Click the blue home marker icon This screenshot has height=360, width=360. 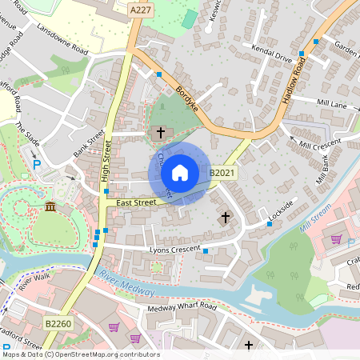[x=180, y=173]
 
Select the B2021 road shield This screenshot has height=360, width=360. [x=222, y=173]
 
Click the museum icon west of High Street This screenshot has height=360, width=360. [x=51, y=208]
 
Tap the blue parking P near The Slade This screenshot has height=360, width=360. [x=37, y=164]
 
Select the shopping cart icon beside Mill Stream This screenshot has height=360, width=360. [x=336, y=238]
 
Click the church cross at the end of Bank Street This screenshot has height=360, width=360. [x=160, y=131]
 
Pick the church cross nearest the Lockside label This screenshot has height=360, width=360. [x=226, y=217]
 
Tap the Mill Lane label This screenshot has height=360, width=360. [x=332, y=104]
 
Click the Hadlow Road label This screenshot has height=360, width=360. [x=294, y=85]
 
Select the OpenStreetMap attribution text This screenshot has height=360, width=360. [x=80, y=354]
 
